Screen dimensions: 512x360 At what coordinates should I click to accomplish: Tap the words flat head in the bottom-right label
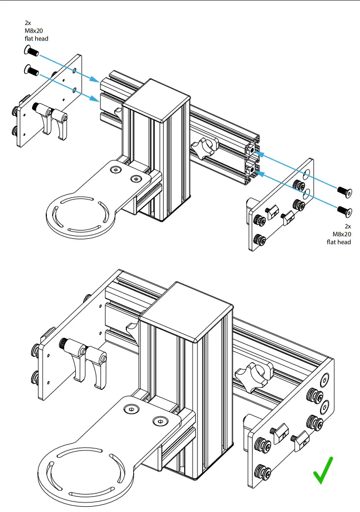click(338, 243)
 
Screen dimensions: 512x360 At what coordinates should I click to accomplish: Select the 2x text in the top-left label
click(28, 23)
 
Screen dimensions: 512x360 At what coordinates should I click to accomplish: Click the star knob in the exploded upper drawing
click(206, 148)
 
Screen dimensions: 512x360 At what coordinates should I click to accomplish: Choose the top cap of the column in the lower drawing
click(187, 310)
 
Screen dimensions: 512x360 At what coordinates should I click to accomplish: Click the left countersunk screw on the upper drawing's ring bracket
click(115, 169)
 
